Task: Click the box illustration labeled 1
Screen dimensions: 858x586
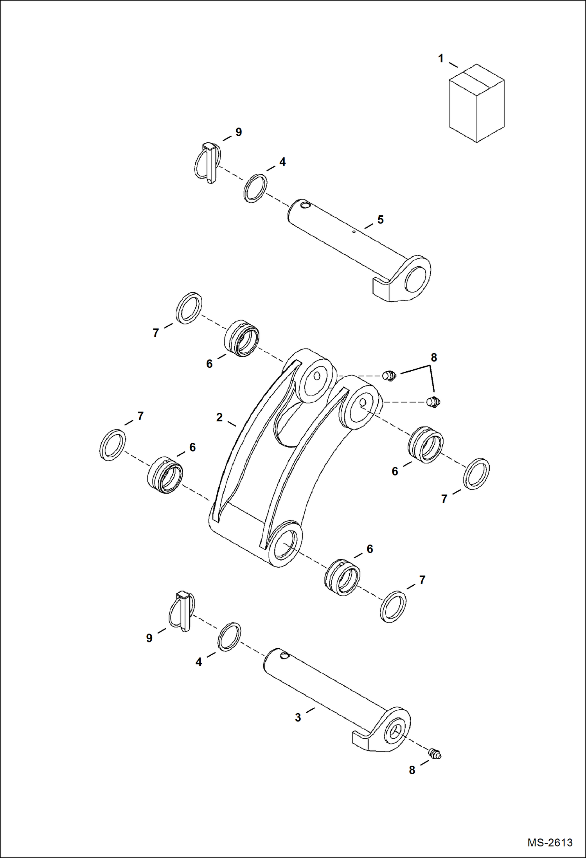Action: click(476, 104)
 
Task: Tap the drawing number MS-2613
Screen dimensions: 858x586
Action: click(550, 843)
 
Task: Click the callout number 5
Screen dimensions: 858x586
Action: click(380, 220)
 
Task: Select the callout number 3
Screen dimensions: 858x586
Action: click(298, 718)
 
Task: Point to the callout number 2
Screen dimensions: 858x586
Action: click(219, 417)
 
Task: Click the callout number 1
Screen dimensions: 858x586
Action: click(441, 59)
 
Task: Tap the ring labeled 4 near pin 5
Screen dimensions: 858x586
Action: click(255, 188)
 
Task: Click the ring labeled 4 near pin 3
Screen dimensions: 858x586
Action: click(229, 637)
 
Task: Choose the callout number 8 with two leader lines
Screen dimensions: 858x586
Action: click(434, 357)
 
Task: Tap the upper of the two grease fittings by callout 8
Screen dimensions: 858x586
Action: click(389, 376)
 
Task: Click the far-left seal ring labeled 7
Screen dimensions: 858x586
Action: click(113, 445)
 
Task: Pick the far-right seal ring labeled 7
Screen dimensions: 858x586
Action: click(476, 473)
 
